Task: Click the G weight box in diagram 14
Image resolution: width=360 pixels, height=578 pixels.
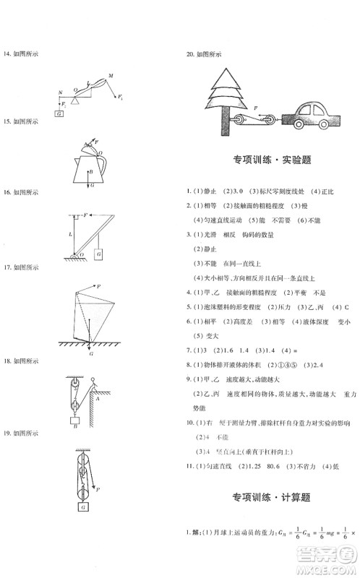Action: tap(59, 113)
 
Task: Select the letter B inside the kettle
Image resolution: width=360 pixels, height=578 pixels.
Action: tap(91, 172)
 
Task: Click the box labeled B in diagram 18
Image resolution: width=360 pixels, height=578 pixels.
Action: tap(74, 425)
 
